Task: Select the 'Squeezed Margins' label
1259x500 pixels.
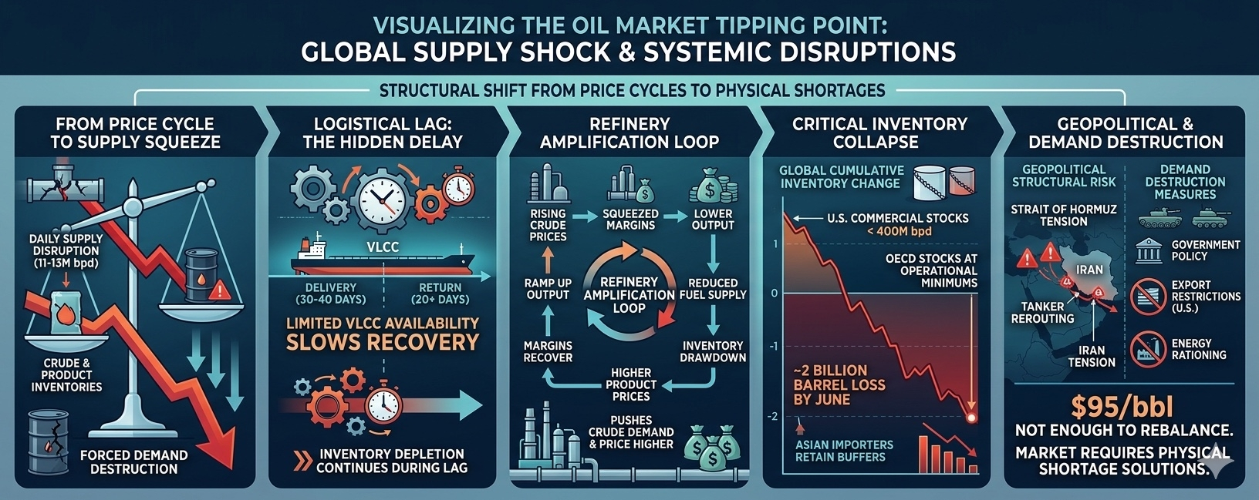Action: point(630,220)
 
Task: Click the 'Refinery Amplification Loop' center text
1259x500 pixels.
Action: point(629,294)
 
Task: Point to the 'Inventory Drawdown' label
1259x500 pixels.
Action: point(713,351)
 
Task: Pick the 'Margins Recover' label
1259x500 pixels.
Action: point(548,351)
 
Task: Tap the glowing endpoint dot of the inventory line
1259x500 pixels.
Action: point(971,418)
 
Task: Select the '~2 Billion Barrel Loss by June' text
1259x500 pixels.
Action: point(839,384)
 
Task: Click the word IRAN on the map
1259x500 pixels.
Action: point(1089,270)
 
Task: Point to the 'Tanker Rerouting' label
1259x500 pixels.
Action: point(1042,312)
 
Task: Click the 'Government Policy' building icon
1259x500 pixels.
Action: point(1149,250)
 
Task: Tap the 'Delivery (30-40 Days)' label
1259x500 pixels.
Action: point(331,293)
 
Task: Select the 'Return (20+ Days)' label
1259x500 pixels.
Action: point(440,293)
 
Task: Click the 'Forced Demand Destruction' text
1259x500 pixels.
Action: point(133,461)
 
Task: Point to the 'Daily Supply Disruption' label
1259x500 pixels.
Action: point(66,250)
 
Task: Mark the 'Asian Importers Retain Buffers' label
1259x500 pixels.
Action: point(844,451)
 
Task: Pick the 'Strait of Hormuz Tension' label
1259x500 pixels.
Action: point(1064,215)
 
